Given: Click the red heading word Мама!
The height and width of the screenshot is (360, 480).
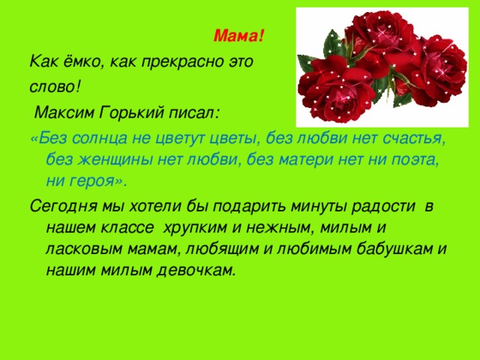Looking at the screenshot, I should point(239,35).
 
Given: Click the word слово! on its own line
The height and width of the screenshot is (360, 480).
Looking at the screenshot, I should point(53,87).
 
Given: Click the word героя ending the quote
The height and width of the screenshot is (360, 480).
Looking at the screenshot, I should point(93,181).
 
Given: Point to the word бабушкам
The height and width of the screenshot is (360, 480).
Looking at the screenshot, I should point(400,248).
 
